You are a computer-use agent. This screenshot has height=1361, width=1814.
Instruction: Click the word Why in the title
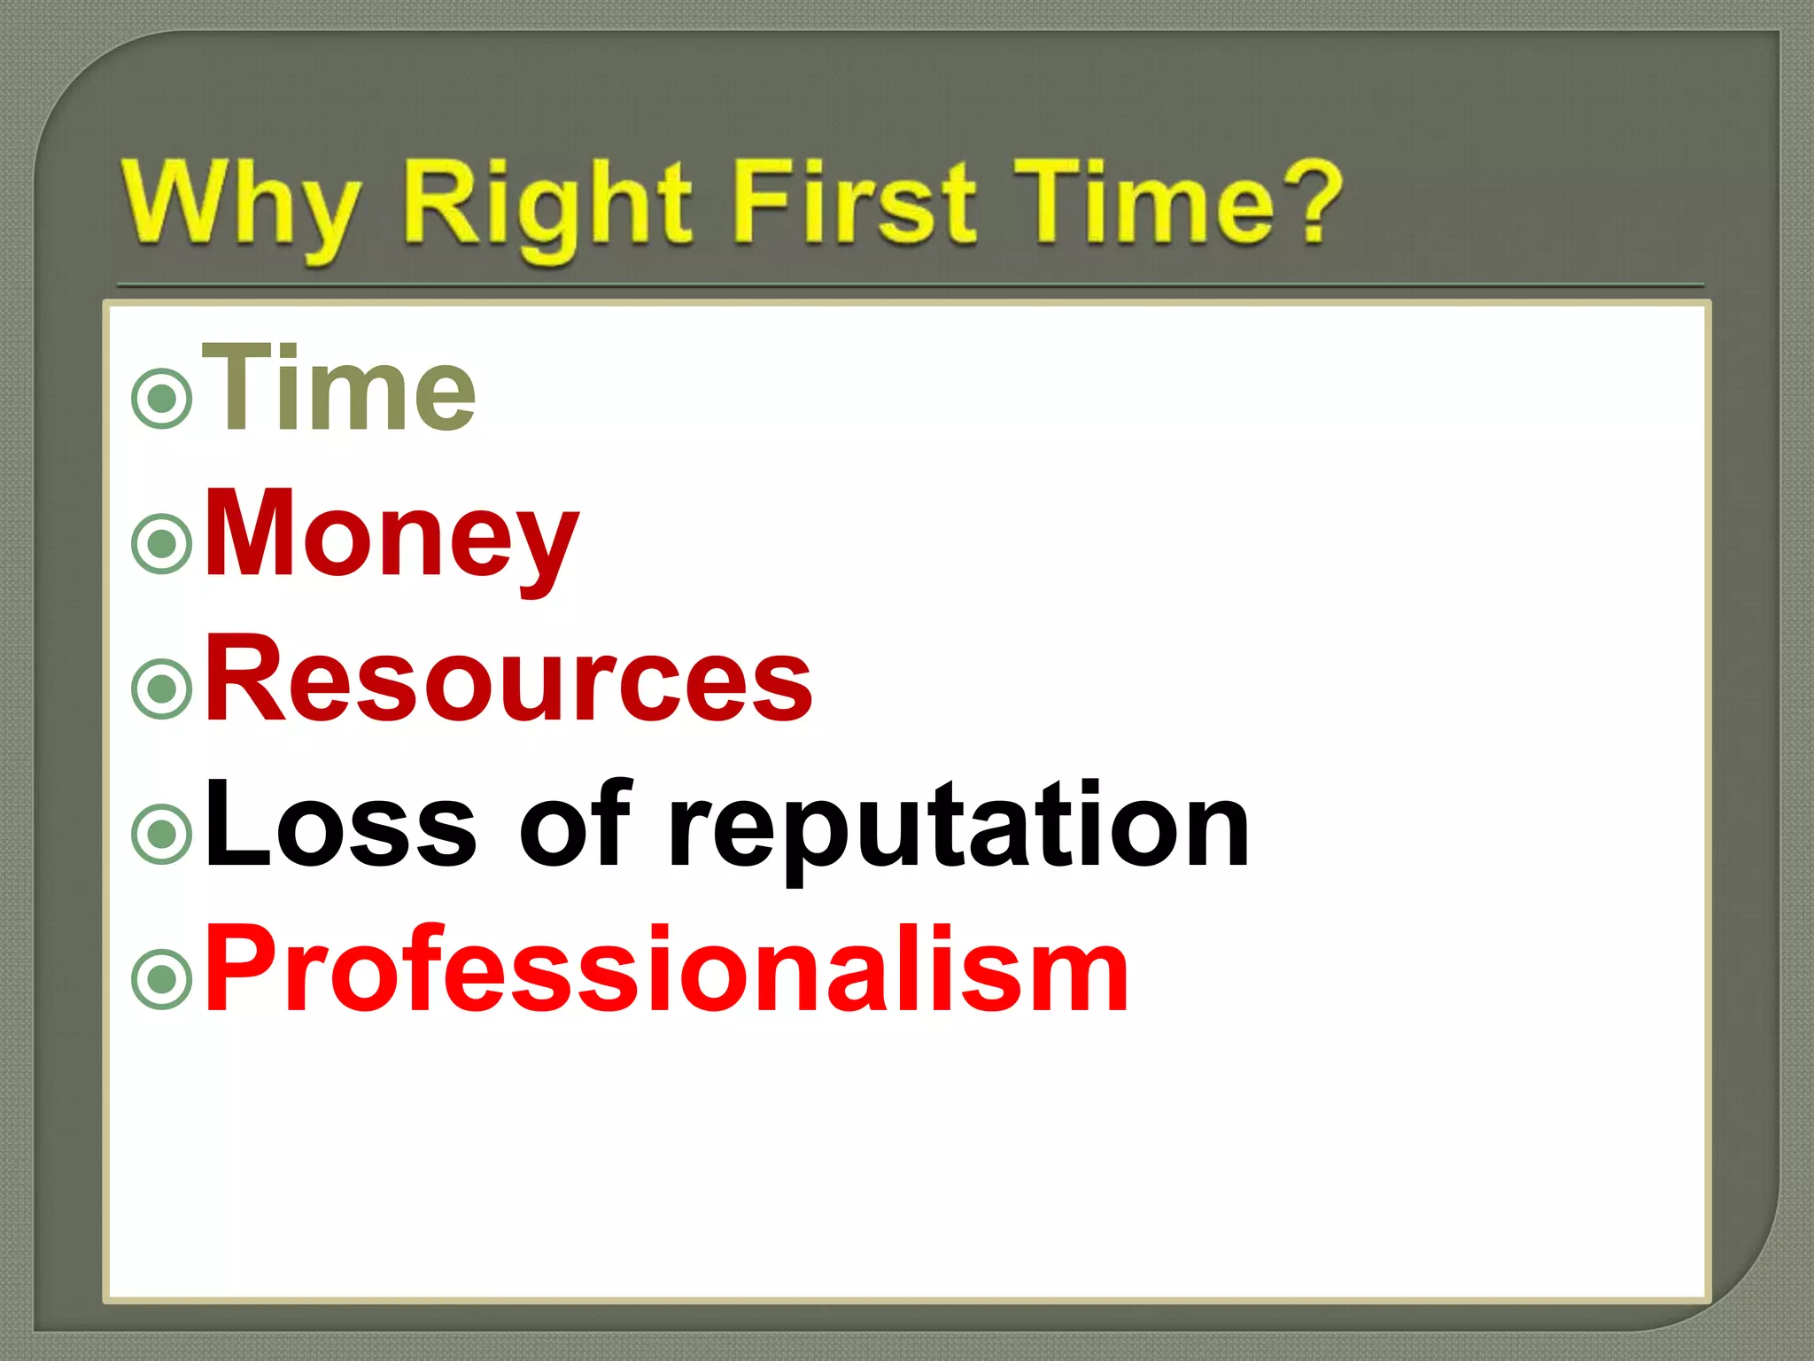[x=241, y=206]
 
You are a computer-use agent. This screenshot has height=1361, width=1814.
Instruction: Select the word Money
[x=391, y=535]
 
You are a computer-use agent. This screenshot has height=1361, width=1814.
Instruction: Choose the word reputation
[x=958, y=828]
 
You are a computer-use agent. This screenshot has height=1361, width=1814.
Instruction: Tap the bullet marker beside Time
[x=162, y=400]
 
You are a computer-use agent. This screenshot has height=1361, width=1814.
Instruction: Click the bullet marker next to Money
[x=162, y=543]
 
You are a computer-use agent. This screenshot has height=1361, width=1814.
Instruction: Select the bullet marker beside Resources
[x=162, y=688]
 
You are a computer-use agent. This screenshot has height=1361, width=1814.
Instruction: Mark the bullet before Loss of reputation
[x=162, y=833]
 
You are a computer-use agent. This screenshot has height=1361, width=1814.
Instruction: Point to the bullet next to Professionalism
[x=162, y=979]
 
